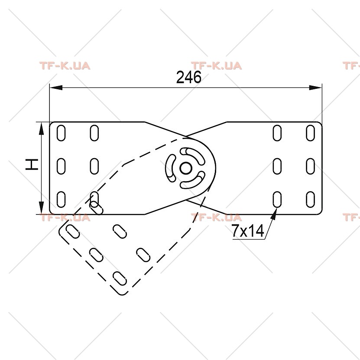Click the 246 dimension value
click(188, 77)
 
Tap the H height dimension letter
click(32, 164)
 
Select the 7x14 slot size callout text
click(247, 230)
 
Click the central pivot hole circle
click(186, 168)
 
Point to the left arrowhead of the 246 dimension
click(56, 88)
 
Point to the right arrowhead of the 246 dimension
click(316, 88)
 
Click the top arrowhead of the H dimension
click(41, 128)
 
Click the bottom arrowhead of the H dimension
click(41, 208)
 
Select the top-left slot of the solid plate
click(61, 133)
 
